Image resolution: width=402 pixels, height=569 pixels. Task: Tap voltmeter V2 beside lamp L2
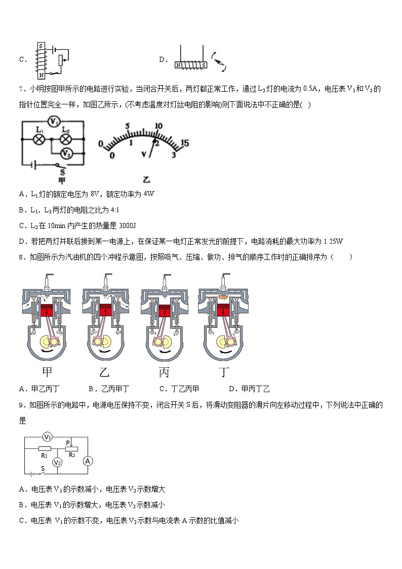click(65, 153)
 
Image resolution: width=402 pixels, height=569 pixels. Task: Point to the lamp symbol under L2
click(65, 138)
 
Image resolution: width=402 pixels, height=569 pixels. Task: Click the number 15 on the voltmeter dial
click(184, 143)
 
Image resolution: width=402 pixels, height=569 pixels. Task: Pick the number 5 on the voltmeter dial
click(128, 126)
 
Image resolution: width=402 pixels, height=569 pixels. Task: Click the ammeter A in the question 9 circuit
click(88, 461)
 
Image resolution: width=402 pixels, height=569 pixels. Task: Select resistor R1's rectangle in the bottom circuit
click(45, 448)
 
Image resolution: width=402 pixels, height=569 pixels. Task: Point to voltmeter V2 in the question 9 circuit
click(58, 462)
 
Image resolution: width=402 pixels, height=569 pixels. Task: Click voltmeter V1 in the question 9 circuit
click(47, 436)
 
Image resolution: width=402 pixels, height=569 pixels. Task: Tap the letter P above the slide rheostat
click(67, 442)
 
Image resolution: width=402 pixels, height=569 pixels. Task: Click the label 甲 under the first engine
click(47, 372)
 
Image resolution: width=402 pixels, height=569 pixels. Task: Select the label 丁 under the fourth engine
click(223, 372)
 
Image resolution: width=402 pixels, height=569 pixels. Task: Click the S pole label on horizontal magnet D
click(203, 65)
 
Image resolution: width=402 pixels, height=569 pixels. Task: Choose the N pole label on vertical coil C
click(41, 75)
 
